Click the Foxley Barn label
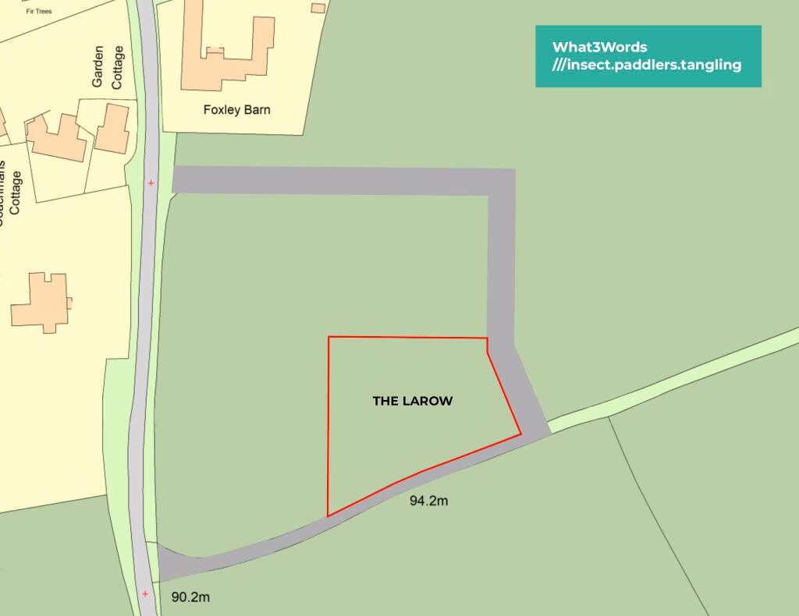pyautogui.click(x=236, y=110)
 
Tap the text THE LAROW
pyautogui.click(x=413, y=402)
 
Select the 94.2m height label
pyautogui.click(x=428, y=501)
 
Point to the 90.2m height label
pyautogui.click(x=190, y=597)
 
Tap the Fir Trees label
pyautogui.click(x=38, y=11)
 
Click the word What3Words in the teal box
pyautogui.click(x=599, y=47)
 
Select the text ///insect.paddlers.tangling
pyautogui.click(x=646, y=65)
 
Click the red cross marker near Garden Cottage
pyautogui.click(x=151, y=183)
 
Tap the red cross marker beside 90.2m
pyautogui.click(x=145, y=593)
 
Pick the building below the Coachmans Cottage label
pyautogui.click(x=41, y=303)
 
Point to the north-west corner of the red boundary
pyautogui.click(x=328, y=337)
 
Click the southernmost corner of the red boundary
pyautogui.click(x=328, y=515)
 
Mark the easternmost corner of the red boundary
pyautogui.click(x=520, y=434)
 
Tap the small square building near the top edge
pyautogui.click(x=318, y=8)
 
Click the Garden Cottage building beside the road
pyautogui.click(x=112, y=129)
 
